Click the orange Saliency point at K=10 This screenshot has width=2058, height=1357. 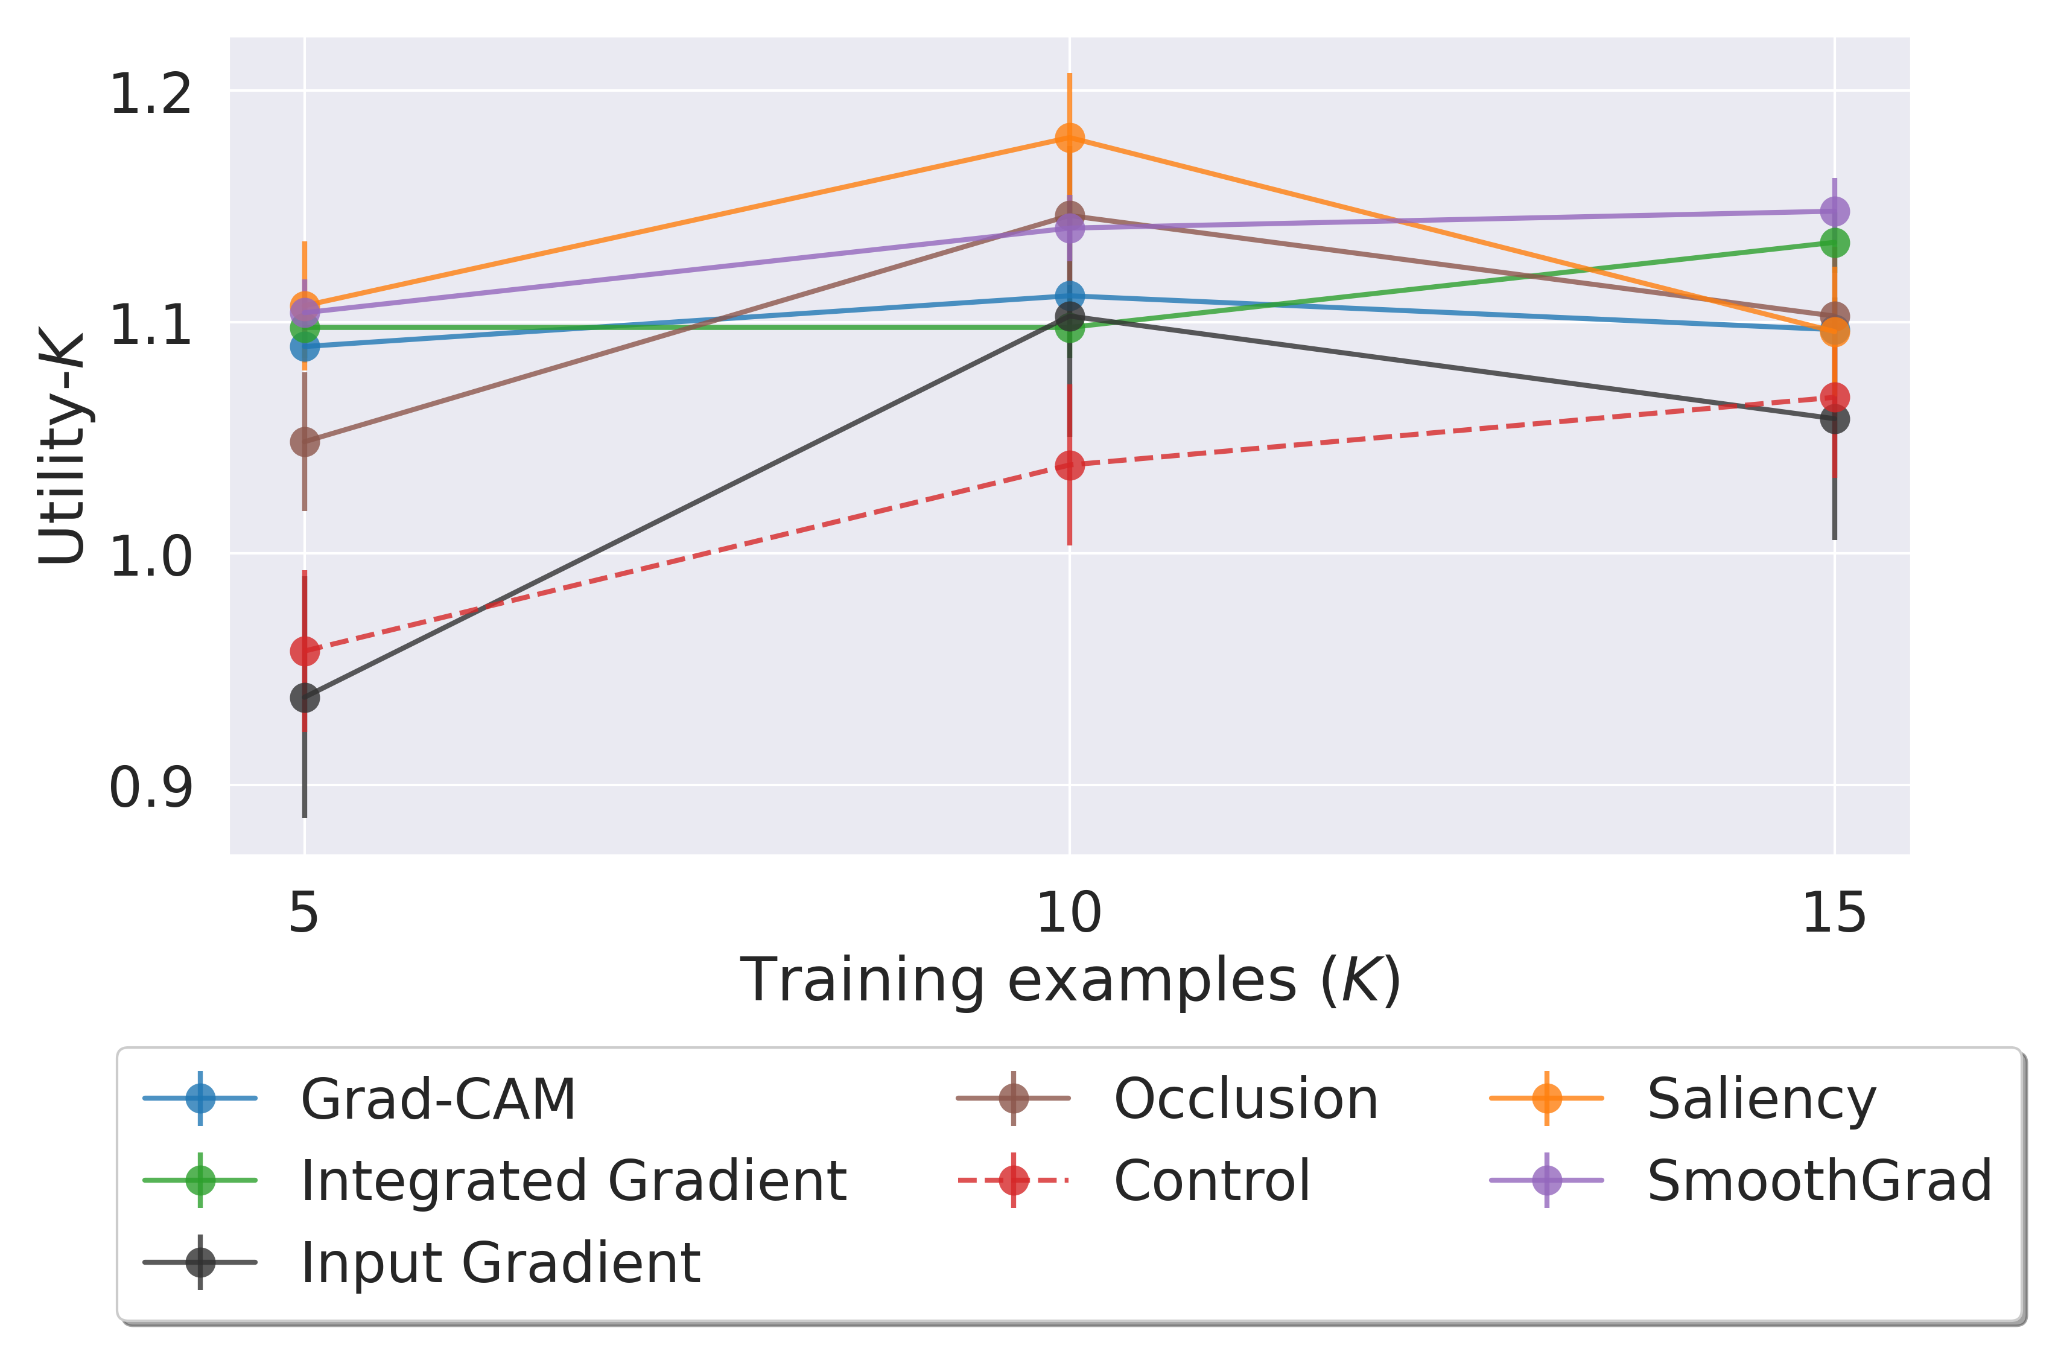tap(1070, 138)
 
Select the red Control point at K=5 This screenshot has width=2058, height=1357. tap(305, 651)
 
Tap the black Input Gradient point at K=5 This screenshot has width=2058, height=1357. tap(305, 698)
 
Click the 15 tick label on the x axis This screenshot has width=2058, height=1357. tap(1834, 913)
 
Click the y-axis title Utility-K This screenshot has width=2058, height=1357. tap(62, 448)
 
